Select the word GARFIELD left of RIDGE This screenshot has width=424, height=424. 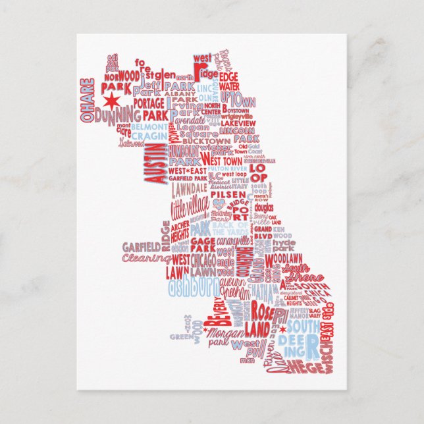click(x=141, y=247)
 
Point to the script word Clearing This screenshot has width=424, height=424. click(x=146, y=259)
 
